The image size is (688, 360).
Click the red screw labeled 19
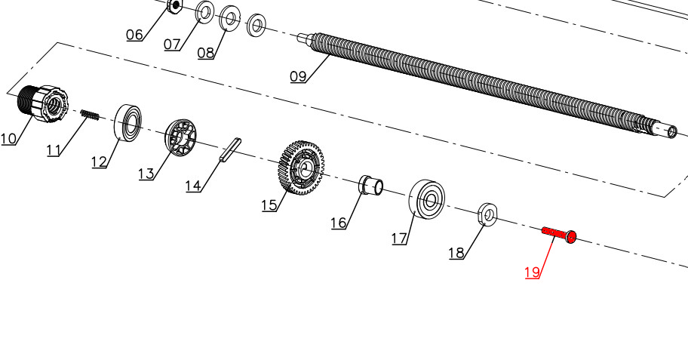point(559,235)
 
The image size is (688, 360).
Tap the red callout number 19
point(532,272)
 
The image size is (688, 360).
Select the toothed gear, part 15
point(302,168)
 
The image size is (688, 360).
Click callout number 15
point(269,205)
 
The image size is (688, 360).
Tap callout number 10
point(8,139)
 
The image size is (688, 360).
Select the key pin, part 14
point(230,150)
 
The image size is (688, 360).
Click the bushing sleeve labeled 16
point(371,184)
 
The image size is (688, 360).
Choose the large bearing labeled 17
point(426,199)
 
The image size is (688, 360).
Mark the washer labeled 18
point(487,214)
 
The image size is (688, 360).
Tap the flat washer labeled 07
point(204,12)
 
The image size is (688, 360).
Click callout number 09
point(298,76)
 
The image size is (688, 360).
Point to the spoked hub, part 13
point(181,137)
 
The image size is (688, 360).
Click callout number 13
point(146,174)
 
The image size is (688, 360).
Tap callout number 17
point(399,238)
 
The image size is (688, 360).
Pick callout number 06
point(134,35)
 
